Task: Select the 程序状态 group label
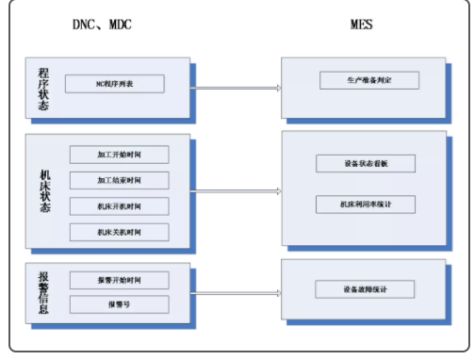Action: click(x=43, y=90)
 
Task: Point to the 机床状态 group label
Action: click(x=43, y=191)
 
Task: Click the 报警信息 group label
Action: click(x=43, y=292)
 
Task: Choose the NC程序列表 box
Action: click(x=115, y=84)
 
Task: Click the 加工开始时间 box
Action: click(x=119, y=153)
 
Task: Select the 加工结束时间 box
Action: click(x=119, y=179)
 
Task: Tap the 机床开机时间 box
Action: click(x=119, y=205)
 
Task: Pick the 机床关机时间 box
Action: click(x=119, y=232)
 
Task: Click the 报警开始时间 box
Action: click(x=119, y=280)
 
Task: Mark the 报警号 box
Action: click(x=119, y=304)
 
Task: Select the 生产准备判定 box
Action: click(x=368, y=80)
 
